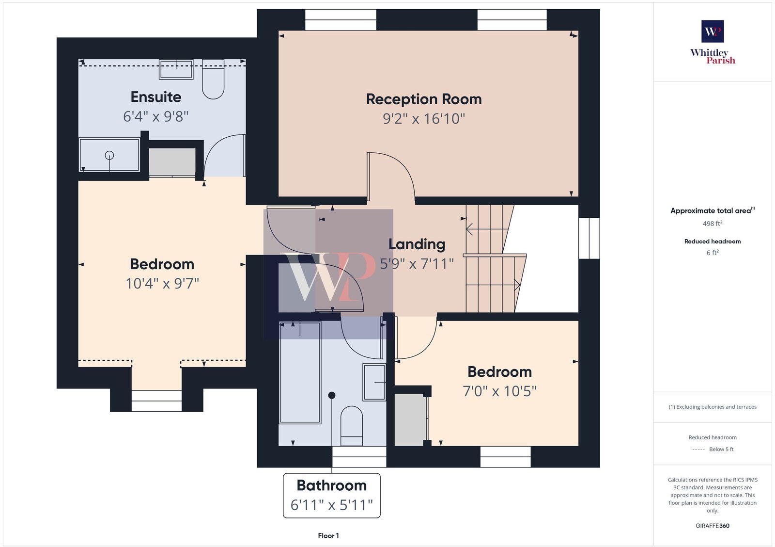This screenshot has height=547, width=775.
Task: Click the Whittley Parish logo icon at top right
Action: click(x=713, y=32)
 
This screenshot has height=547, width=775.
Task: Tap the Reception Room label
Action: click(x=424, y=99)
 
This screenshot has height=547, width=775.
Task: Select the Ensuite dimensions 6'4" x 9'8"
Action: click(x=155, y=116)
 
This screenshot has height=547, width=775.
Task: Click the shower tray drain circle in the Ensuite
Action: click(x=109, y=155)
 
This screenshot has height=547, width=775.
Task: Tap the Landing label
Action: click(x=417, y=244)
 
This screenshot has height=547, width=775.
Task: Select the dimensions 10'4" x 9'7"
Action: click(x=162, y=283)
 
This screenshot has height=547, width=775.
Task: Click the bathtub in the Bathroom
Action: click(x=300, y=372)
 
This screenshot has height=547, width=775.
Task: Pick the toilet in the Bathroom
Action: click(x=352, y=425)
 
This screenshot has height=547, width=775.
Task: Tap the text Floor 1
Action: click(x=328, y=536)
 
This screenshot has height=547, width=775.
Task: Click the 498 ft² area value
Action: click(x=713, y=224)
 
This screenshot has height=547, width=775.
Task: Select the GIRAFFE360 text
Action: click(x=713, y=526)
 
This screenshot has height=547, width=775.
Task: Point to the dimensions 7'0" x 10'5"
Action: click(x=499, y=391)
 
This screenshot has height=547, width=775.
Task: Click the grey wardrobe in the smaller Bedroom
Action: click(x=410, y=419)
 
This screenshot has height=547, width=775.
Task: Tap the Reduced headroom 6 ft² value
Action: click(x=713, y=253)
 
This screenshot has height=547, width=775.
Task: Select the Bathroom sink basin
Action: click(x=374, y=382)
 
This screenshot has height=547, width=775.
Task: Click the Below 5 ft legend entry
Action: click(x=721, y=449)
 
